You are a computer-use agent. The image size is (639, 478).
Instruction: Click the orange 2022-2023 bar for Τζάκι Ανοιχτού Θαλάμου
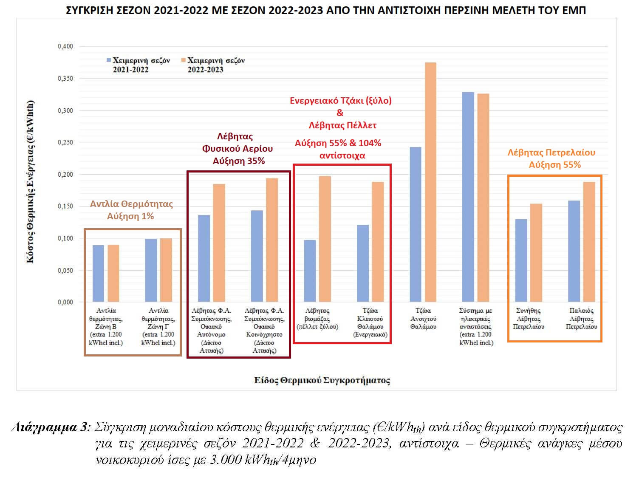coord(430,183)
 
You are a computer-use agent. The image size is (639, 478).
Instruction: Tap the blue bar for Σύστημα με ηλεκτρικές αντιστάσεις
coord(468,197)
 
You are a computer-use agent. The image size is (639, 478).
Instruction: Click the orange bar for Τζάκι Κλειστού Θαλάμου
coord(378,242)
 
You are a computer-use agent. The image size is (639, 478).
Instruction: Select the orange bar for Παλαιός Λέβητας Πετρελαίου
coord(589,242)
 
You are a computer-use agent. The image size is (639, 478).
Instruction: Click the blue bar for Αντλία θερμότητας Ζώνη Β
coord(98,274)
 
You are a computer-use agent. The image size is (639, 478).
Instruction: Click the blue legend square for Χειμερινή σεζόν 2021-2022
coord(109,60)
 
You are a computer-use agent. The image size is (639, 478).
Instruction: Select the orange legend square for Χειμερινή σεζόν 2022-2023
coord(184,60)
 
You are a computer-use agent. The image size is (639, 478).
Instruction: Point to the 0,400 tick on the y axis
coord(65,46)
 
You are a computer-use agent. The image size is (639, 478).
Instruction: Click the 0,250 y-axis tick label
coord(65,142)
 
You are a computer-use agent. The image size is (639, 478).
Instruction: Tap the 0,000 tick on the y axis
coord(65,302)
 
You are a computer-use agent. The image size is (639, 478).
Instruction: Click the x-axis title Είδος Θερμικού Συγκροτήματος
coord(322,380)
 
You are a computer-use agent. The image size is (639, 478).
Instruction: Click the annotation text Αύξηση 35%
coord(239,161)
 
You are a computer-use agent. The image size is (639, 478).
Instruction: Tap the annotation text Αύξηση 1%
coord(130,216)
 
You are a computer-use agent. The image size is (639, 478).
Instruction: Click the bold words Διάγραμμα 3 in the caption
coord(50,427)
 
